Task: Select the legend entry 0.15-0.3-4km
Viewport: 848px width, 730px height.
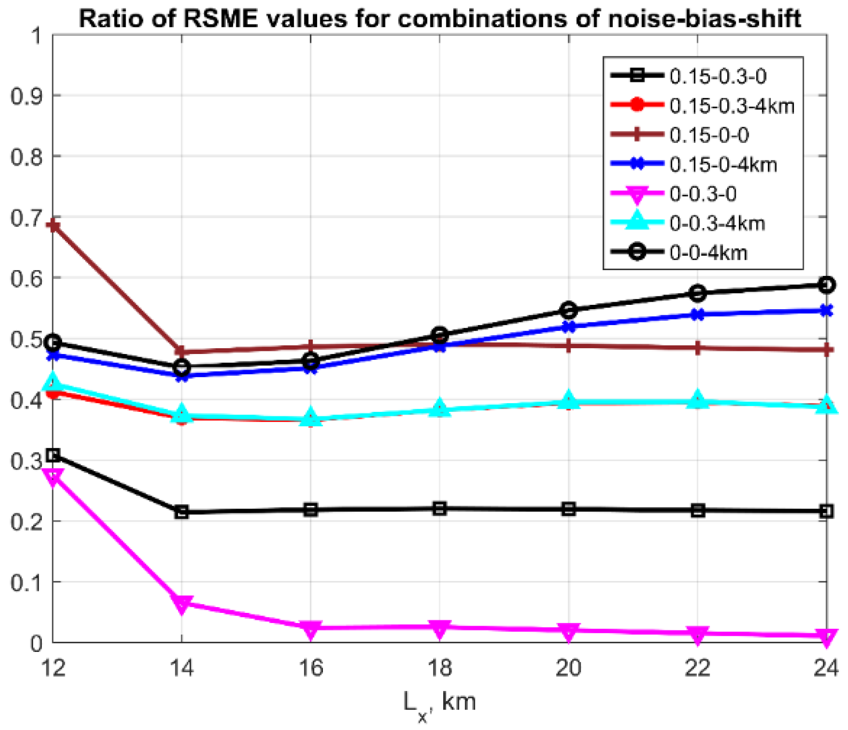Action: tap(732, 106)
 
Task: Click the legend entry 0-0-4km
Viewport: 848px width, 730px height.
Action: tap(708, 252)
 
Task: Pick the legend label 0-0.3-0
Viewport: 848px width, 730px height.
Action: tap(703, 194)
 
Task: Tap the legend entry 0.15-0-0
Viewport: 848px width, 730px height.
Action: tap(709, 135)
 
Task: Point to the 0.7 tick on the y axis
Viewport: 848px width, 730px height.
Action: tap(26, 218)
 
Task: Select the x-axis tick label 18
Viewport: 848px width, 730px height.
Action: tap(440, 668)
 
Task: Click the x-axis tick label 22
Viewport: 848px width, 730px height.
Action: tap(697, 668)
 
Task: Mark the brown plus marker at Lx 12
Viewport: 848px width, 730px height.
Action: tap(53, 226)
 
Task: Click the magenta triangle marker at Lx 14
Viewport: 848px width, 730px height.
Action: tap(182, 604)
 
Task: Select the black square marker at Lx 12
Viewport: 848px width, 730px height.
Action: tap(53, 456)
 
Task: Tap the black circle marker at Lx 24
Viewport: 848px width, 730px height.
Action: tap(827, 285)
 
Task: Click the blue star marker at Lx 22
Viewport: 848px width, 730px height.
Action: tap(697, 315)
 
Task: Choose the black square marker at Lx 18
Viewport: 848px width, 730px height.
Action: tap(440, 509)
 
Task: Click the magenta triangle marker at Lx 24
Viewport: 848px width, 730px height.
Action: tap(827, 636)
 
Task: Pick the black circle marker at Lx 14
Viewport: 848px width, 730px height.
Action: tap(182, 367)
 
